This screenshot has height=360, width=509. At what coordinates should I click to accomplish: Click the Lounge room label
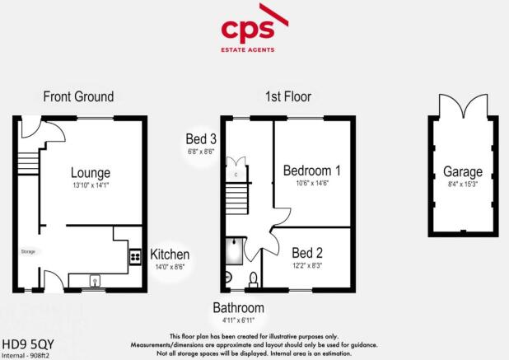[x=91, y=173]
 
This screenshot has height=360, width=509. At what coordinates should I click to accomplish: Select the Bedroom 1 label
[x=312, y=171]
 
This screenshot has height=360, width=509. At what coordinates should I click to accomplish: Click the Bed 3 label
[x=201, y=139]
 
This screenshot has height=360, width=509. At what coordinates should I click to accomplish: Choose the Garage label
[x=462, y=172]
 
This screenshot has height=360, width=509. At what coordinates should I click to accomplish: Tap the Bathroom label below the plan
[x=238, y=308]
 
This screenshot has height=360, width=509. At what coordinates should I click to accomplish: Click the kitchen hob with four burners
[x=134, y=257]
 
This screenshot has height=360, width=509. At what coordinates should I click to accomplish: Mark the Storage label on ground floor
[x=28, y=250]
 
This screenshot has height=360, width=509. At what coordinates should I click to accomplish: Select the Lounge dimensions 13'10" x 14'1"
[x=91, y=185]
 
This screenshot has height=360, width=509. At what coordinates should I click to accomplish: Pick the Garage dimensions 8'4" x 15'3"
[x=462, y=185]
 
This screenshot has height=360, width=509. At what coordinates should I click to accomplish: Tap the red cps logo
[x=253, y=31]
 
